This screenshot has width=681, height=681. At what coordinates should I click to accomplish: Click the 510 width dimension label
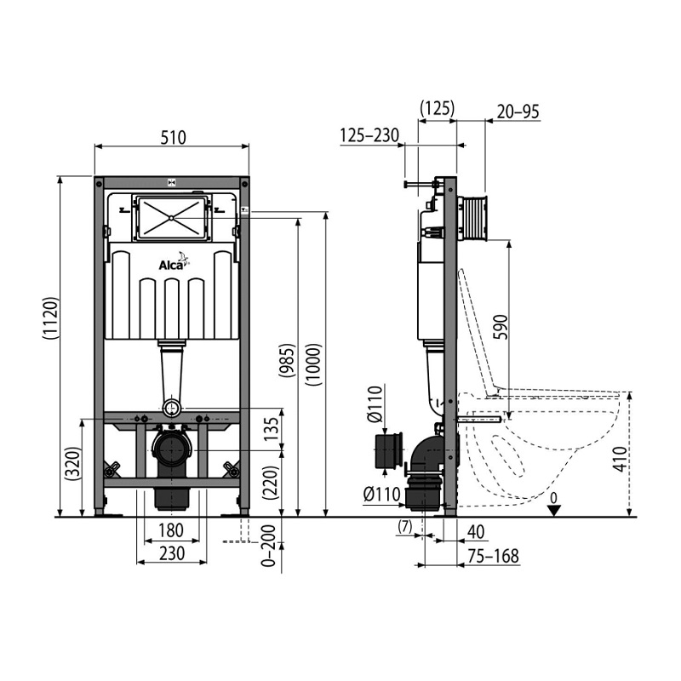point(173,137)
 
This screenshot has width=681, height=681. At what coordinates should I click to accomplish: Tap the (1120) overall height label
point(50,318)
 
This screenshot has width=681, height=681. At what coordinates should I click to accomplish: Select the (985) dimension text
point(287,360)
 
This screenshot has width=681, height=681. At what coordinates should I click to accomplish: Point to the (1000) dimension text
point(313,365)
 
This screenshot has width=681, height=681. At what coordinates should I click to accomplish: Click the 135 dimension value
point(271,430)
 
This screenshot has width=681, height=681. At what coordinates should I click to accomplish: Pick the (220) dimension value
point(270,481)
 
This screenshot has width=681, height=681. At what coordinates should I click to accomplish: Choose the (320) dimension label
point(73,463)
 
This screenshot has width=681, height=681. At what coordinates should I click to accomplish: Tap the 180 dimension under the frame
point(171,530)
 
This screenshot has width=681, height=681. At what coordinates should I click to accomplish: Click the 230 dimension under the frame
point(172,553)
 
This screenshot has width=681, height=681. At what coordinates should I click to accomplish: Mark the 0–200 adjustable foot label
point(268,546)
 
